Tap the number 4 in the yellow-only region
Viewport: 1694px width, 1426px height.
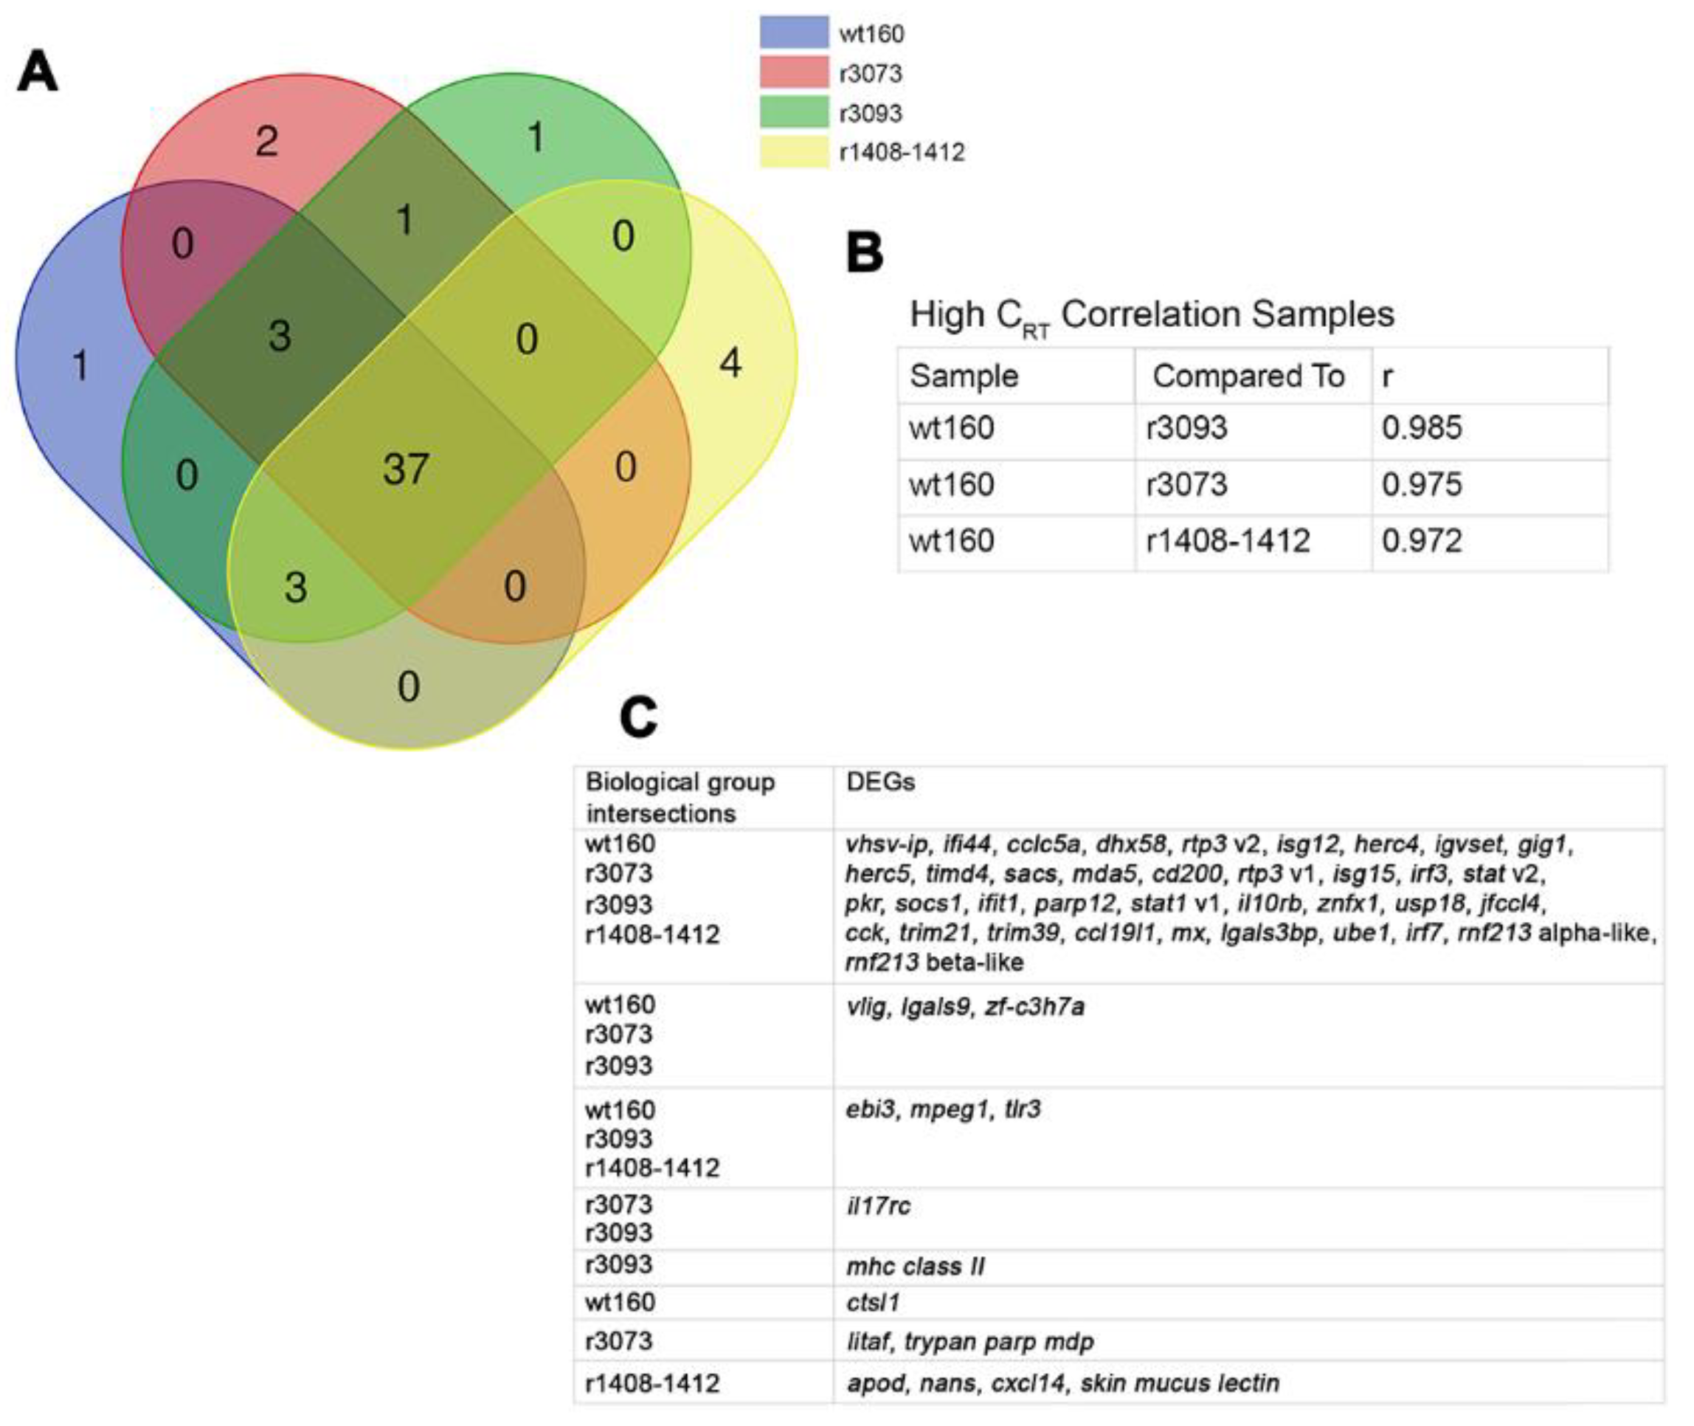730,364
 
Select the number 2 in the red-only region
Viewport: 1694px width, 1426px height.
266,142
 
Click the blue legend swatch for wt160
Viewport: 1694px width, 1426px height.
794,33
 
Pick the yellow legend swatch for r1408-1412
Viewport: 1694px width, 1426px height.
794,152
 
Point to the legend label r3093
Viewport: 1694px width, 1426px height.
871,113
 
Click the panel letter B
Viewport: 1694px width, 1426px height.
864,253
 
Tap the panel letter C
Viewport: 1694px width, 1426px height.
638,717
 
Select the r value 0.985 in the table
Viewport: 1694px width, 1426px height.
1422,427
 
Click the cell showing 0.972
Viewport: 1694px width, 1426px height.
1422,540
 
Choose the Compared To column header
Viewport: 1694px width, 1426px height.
1248,376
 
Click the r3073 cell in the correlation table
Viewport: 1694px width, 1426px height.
1186,484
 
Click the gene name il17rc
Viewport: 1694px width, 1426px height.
878,1206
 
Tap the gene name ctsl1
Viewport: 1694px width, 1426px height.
872,1302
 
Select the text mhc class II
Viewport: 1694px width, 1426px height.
915,1266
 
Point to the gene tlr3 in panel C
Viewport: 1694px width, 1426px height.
1023,1109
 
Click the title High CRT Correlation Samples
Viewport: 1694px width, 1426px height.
1152,315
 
